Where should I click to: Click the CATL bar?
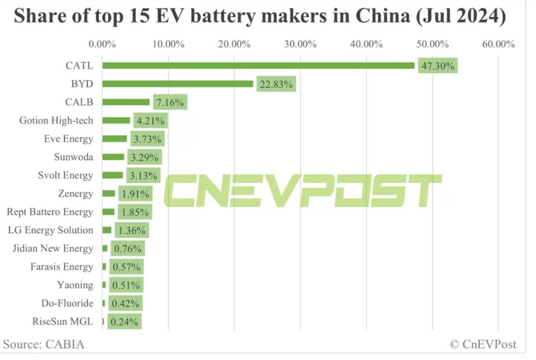(258, 65)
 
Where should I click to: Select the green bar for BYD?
(178, 84)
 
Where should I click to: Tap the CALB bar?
(126, 102)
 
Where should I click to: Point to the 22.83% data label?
(276, 85)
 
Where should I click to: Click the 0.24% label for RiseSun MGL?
(125, 321)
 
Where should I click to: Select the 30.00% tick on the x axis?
(300, 44)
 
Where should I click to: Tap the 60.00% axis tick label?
(498, 44)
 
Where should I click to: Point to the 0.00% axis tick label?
(103, 44)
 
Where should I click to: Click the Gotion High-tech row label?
(56, 121)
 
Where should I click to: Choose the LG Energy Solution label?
(51, 230)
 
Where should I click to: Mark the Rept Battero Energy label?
(50, 212)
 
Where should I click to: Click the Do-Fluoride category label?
(67, 303)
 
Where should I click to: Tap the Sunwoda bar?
(113, 157)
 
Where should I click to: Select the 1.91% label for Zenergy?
(135, 194)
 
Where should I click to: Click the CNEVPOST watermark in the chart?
(301, 190)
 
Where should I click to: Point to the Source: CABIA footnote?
(44, 344)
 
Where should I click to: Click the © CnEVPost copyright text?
(483, 344)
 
